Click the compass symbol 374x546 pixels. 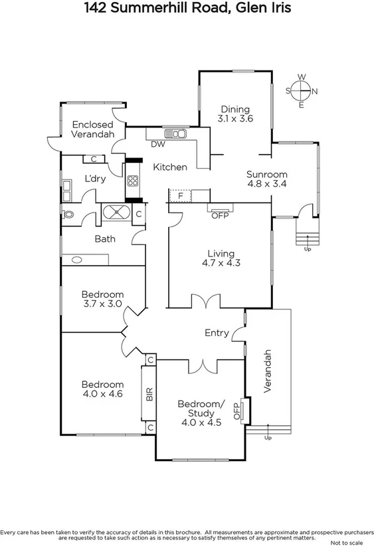(x=302, y=91)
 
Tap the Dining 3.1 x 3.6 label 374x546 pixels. (x=235, y=114)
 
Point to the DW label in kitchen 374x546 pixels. (x=158, y=144)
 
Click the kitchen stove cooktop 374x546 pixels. (x=133, y=180)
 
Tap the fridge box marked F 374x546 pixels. (x=179, y=196)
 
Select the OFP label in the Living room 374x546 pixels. (x=219, y=215)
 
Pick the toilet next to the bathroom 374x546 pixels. (x=68, y=215)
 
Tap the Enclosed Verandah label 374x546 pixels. (x=93, y=129)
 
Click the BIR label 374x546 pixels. (x=149, y=394)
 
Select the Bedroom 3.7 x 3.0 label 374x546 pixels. (x=102, y=299)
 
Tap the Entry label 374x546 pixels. (x=217, y=333)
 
